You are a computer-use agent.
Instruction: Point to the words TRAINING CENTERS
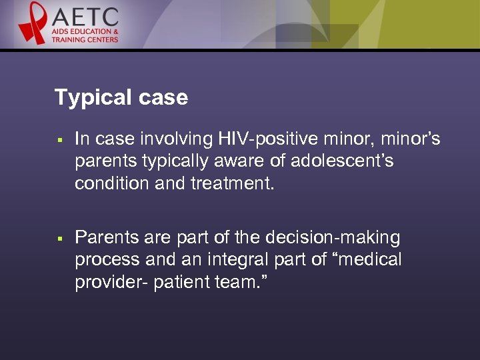coord(85,40)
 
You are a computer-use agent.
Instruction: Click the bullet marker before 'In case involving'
coord(59,140)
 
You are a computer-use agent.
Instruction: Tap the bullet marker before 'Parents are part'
coord(59,239)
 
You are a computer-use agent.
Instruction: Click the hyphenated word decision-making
coord(332,237)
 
